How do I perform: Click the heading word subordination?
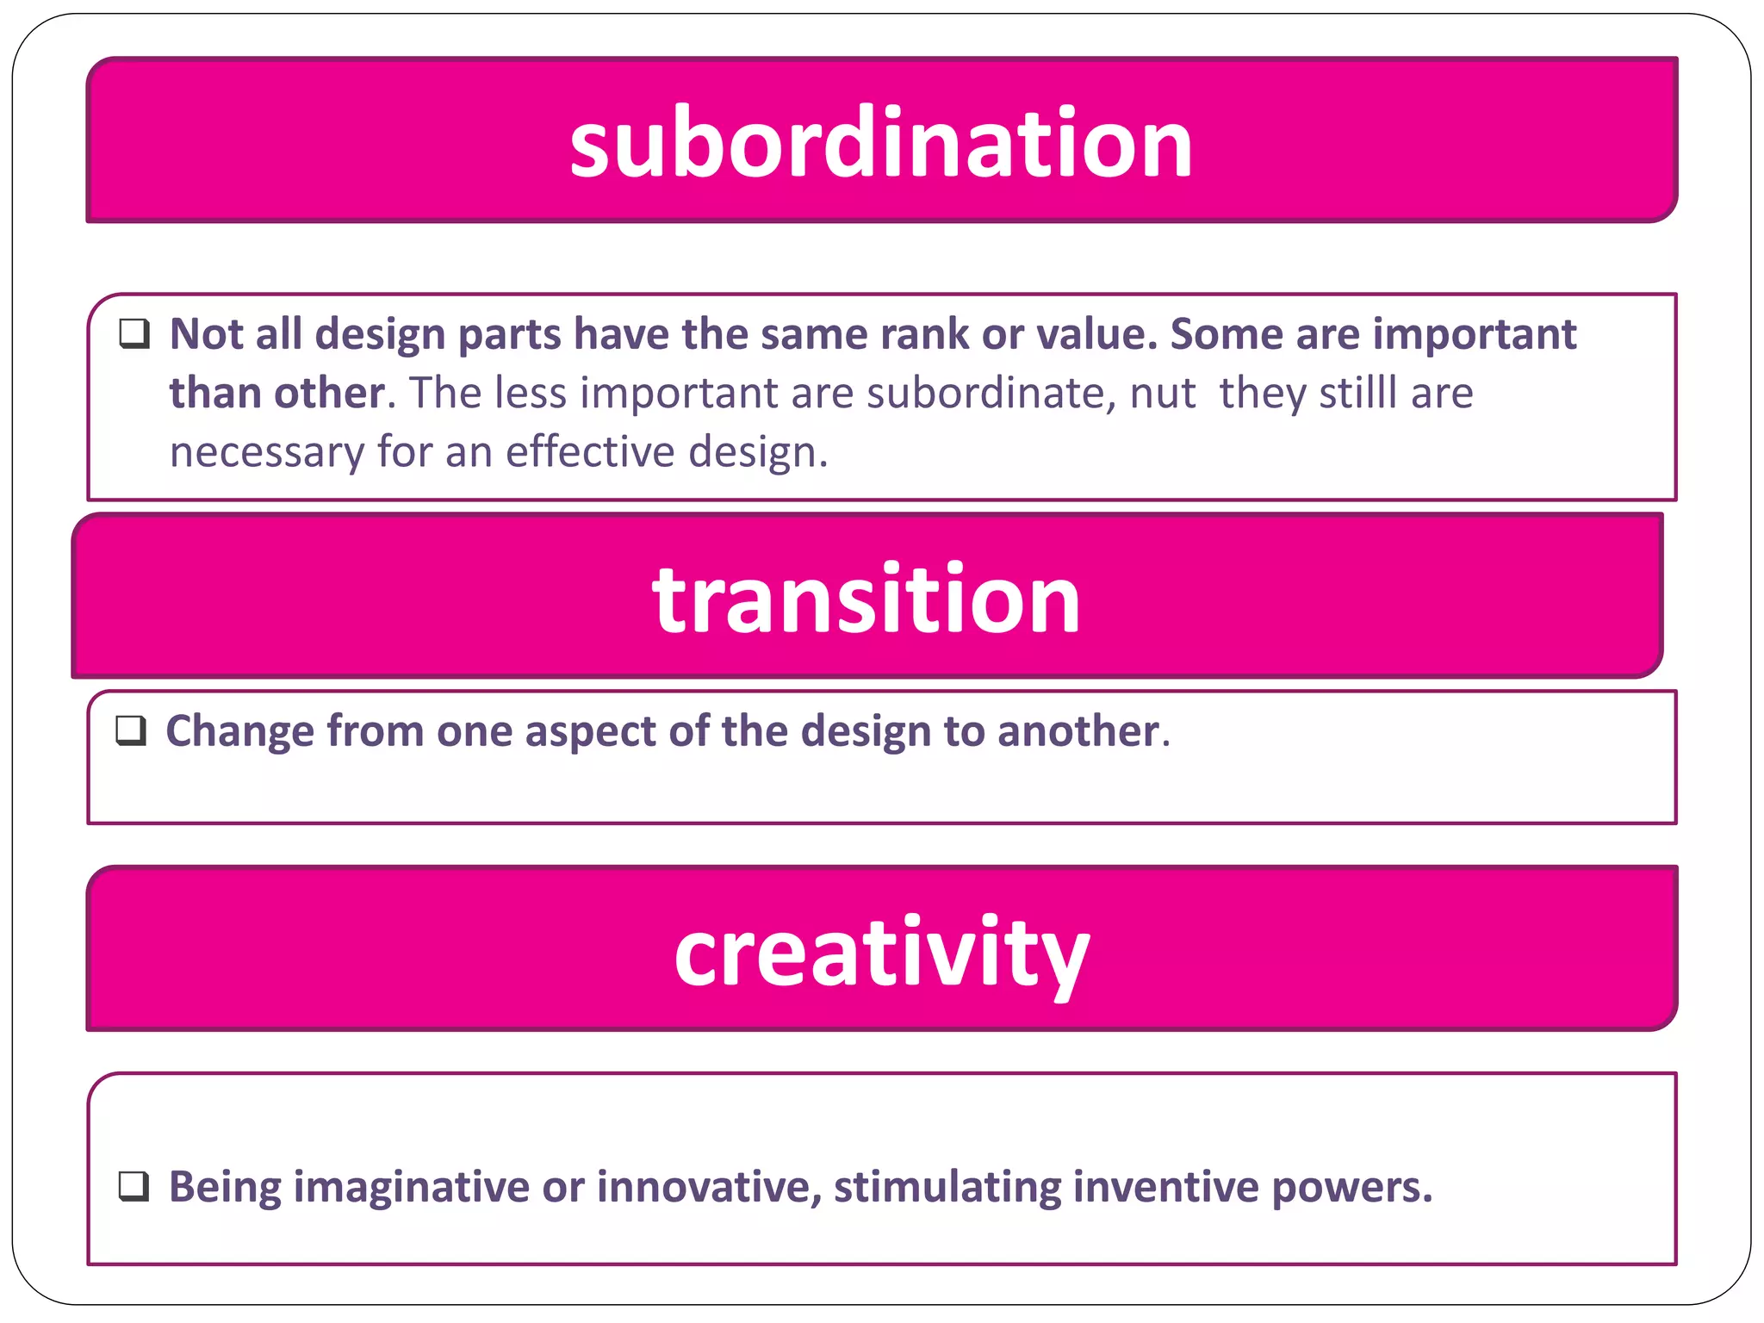[x=881, y=142]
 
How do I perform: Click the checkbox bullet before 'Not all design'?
[x=134, y=333]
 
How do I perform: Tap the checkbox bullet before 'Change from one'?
[x=131, y=730]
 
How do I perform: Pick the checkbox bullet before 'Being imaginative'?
[x=134, y=1186]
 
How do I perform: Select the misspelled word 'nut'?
[x=1162, y=393]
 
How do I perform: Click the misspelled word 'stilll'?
[x=1357, y=393]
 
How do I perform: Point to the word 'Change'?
[x=239, y=731]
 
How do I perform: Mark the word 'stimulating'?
[x=947, y=1187]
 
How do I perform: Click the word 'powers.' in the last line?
[x=1351, y=1187]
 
